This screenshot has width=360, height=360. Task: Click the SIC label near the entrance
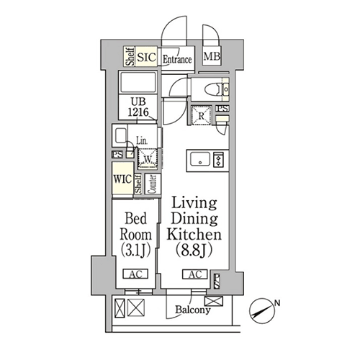click(x=147, y=58)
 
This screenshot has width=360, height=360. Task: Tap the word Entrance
click(x=177, y=59)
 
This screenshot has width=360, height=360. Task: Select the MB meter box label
click(x=212, y=57)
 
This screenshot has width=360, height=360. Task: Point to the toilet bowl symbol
click(x=213, y=89)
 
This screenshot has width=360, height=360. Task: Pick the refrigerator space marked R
click(x=202, y=116)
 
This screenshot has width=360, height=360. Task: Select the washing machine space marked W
click(x=148, y=158)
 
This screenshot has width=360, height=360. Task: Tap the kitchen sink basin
click(x=200, y=159)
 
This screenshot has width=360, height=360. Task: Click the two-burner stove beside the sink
click(x=218, y=159)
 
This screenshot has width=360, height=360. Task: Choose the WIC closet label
click(x=122, y=179)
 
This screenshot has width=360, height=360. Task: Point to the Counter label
click(x=153, y=184)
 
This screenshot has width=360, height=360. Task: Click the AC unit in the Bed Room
click(x=135, y=274)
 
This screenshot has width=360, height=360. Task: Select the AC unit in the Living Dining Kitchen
click(x=195, y=274)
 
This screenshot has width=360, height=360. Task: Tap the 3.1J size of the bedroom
click(x=135, y=251)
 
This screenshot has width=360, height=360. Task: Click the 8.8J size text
click(x=194, y=251)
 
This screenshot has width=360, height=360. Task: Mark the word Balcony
click(x=193, y=310)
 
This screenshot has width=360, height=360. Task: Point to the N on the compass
click(x=277, y=303)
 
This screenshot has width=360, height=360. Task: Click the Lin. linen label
click(x=142, y=140)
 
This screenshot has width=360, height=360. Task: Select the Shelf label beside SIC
click(x=130, y=56)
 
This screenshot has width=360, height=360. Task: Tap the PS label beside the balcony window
click(x=217, y=282)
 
